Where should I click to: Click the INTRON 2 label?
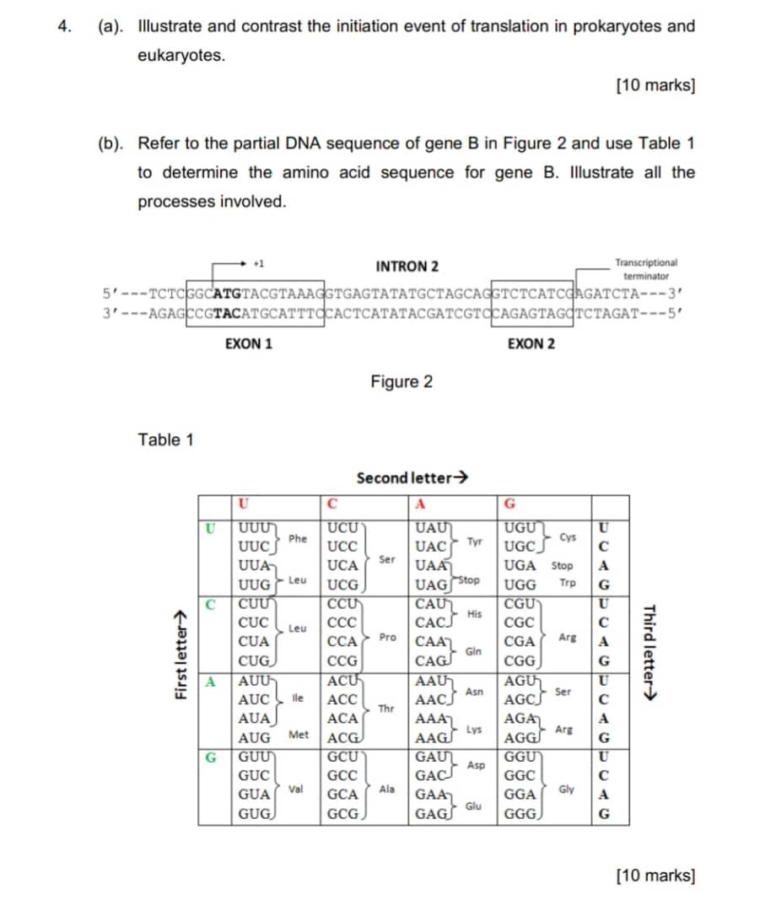(x=407, y=267)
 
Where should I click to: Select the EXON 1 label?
(x=249, y=344)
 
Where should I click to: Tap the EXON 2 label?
(x=531, y=344)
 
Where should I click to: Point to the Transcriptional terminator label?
(x=645, y=269)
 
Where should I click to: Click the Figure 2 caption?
(x=402, y=382)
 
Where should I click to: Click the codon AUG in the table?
(x=254, y=736)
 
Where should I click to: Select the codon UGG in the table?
(x=519, y=583)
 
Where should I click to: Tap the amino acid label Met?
(x=299, y=735)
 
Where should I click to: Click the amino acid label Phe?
(x=297, y=537)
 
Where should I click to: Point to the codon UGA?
(x=519, y=565)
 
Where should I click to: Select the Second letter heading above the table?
(x=412, y=478)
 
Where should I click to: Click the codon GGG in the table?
(x=520, y=816)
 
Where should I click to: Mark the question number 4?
(x=64, y=25)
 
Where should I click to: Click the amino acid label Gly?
(x=567, y=790)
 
